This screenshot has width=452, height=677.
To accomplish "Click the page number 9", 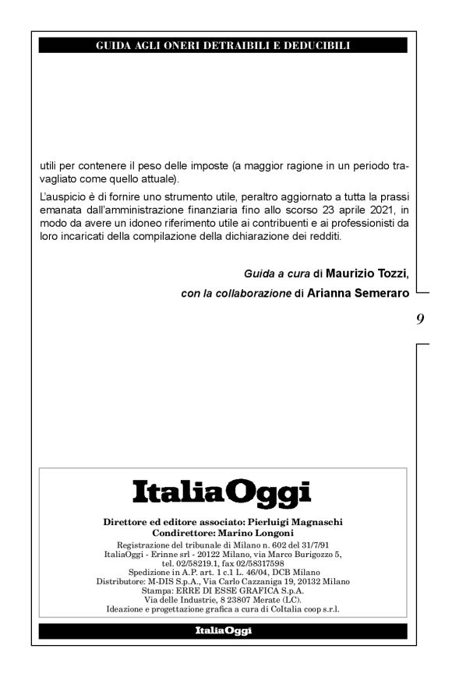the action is [x=420, y=318].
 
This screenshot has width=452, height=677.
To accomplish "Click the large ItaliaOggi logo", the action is [x=221, y=492].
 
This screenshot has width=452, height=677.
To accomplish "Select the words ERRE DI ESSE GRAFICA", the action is [x=229, y=591].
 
